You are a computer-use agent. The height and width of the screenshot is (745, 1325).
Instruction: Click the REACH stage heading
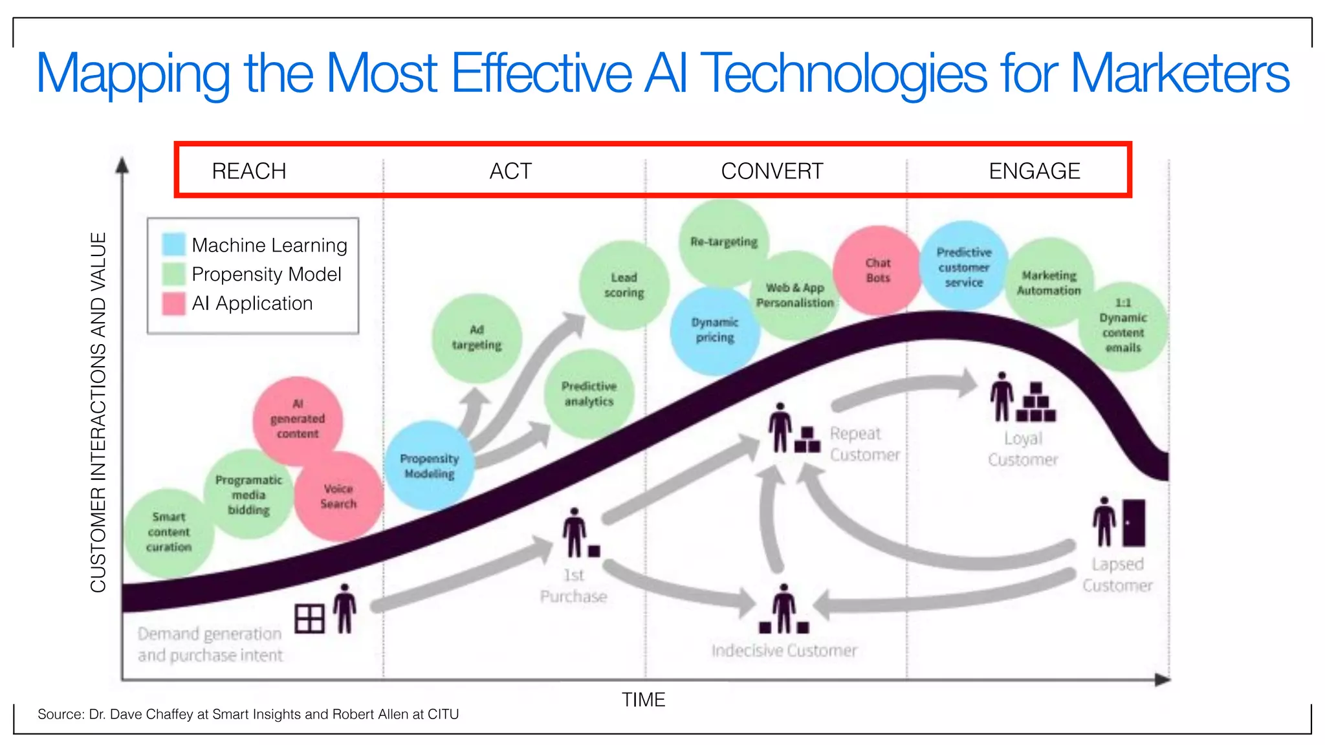[249, 171]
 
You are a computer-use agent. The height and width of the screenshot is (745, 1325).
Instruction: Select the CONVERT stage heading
[772, 171]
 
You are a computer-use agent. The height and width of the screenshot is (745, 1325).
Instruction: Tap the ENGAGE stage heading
[1034, 171]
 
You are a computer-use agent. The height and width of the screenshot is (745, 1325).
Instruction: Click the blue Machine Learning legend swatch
[173, 244]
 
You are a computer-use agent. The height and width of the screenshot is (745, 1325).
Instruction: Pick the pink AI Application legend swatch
[173, 303]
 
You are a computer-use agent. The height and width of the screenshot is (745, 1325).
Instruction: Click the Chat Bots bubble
[878, 270]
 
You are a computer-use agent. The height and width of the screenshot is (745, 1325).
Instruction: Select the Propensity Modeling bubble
[429, 466]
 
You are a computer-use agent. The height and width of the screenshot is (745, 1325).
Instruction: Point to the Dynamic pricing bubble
[714, 330]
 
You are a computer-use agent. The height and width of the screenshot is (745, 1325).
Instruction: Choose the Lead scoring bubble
[624, 285]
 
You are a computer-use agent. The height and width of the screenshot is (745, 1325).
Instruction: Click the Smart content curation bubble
[168, 532]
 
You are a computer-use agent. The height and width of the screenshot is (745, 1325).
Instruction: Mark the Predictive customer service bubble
[963, 267]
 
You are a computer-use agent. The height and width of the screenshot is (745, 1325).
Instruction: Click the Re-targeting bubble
[723, 242]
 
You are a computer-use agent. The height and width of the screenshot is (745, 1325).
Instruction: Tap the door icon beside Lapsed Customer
[1133, 523]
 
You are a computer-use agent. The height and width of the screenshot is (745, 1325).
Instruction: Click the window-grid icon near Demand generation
[309, 619]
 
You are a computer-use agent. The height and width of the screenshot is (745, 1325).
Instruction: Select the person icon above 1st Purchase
[574, 532]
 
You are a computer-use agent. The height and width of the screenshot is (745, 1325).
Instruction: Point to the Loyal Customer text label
[1023, 449]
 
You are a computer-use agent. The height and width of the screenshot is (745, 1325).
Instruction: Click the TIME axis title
[643, 700]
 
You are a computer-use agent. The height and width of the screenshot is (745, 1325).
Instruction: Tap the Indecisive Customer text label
[784, 650]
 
